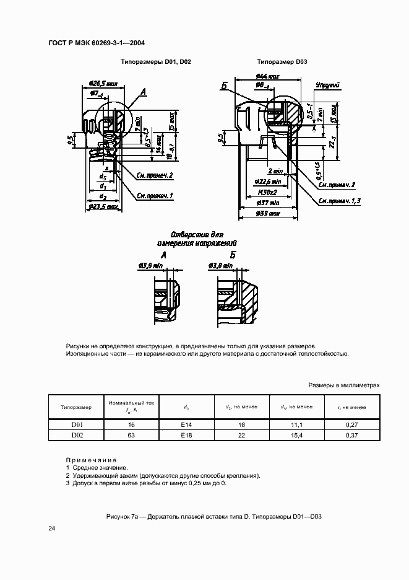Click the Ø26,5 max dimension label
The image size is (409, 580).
point(104,82)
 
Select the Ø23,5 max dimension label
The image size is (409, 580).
point(103,206)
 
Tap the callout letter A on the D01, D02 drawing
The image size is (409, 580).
point(143,92)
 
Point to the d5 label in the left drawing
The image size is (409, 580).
point(103,176)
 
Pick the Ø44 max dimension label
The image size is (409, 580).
point(267,76)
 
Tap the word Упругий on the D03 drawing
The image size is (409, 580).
point(326,84)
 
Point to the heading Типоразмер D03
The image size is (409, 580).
point(282,63)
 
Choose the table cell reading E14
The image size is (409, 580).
point(187,425)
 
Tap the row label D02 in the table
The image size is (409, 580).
point(76,436)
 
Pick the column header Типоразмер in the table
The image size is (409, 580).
point(76,407)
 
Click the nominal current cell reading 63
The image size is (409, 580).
point(131,436)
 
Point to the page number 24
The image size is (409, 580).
point(52,529)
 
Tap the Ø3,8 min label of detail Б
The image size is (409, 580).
point(220,265)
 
